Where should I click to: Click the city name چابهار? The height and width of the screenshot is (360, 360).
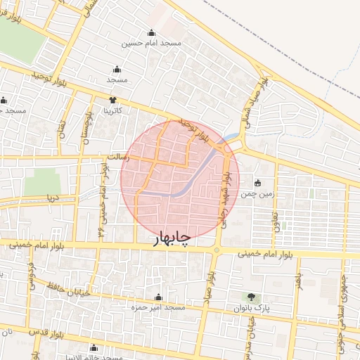point(172,240)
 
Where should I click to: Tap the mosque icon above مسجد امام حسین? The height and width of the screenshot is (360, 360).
point(151,32)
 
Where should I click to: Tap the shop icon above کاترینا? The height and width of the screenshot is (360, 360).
point(112,100)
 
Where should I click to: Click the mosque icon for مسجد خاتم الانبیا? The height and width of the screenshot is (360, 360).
point(94,347)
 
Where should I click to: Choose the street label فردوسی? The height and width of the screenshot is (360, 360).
point(30,270)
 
